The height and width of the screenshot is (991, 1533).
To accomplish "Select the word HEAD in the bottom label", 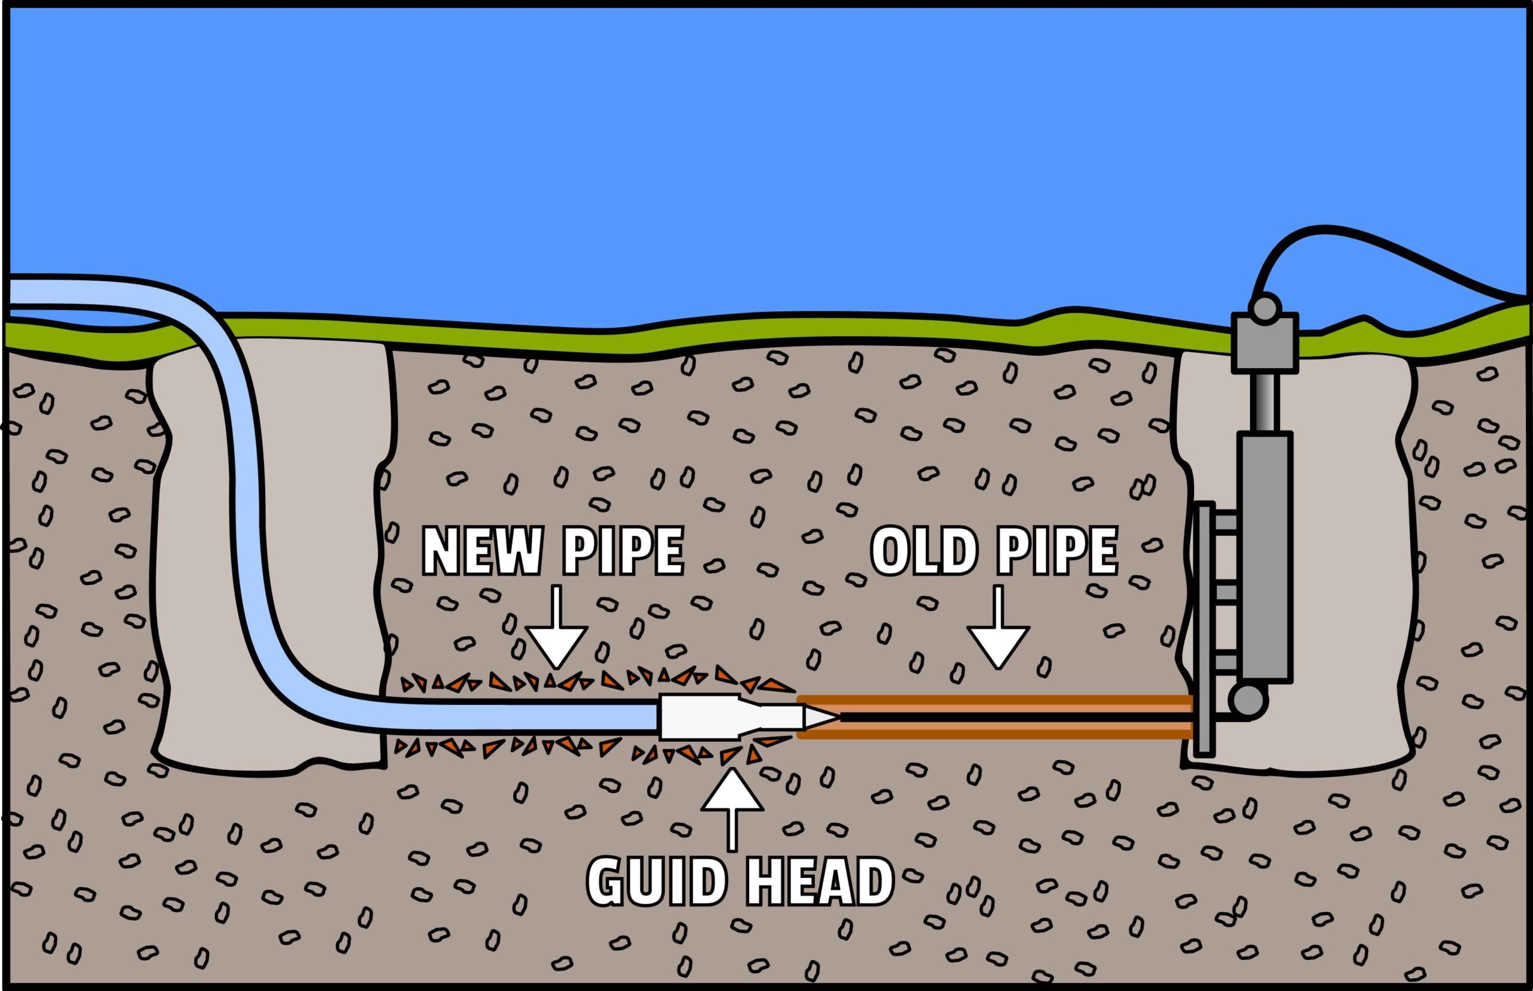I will pyautogui.click(x=819, y=881).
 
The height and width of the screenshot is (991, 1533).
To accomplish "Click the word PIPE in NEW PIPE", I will pyautogui.click(x=623, y=552).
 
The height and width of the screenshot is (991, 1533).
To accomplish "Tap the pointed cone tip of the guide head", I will pyautogui.click(x=820, y=716).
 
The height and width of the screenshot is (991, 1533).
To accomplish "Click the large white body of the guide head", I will pyautogui.click(x=698, y=716).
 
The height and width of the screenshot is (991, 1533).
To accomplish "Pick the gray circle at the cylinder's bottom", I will pyautogui.click(x=1247, y=701).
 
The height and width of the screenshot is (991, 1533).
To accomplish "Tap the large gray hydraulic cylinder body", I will pyautogui.click(x=1264, y=557).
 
